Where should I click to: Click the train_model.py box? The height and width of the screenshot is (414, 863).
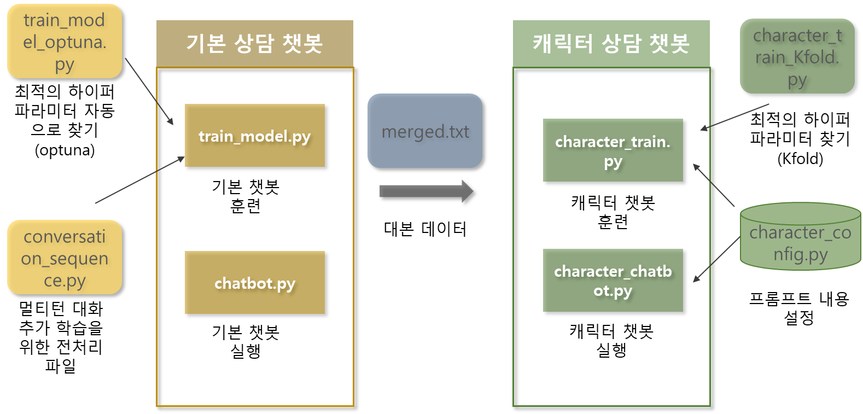[254, 136]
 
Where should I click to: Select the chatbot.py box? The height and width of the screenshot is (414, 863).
[254, 283]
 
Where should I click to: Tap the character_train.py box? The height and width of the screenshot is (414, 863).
[613, 150]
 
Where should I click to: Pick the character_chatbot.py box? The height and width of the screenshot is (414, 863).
[613, 281]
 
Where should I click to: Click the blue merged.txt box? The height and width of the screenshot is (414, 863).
[425, 131]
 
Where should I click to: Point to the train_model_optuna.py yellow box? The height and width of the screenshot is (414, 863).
[65, 42]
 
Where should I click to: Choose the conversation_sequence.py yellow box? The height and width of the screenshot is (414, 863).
[65, 258]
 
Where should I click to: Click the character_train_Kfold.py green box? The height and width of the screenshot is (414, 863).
[797, 56]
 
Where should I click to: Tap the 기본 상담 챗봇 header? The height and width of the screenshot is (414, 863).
[255, 44]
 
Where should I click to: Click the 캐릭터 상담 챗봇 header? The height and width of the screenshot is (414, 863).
[611, 44]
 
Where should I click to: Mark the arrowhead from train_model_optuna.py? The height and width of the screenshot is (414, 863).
[171, 122]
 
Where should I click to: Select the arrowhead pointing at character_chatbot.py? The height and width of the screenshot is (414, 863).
[696, 279]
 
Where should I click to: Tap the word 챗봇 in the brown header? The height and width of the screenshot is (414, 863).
[302, 44]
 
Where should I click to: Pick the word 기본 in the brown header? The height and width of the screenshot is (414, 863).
[206, 44]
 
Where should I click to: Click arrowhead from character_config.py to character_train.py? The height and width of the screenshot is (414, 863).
[696, 166]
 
